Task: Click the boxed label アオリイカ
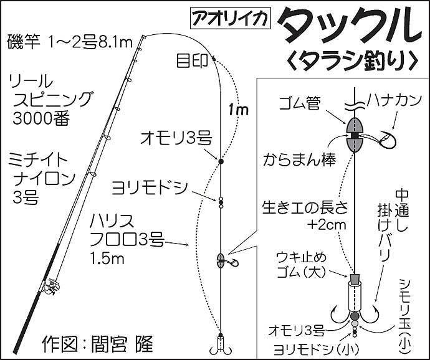[x=231, y=19]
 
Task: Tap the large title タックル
[x=349, y=24]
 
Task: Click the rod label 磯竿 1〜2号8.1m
[x=70, y=42]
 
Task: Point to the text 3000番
[x=41, y=119]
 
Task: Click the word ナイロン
[x=44, y=179]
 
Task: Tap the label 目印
[x=192, y=61]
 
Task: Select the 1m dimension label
[x=238, y=110]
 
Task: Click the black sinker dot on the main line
[x=221, y=161]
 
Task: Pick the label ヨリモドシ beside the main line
[x=150, y=188]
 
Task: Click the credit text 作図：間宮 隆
[x=98, y=343]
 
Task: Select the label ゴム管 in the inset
[x=300, y=103]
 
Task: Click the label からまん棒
[x=299, y=160]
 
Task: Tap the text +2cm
[x=327, y=225]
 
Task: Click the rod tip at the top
[x=143, y=36]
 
